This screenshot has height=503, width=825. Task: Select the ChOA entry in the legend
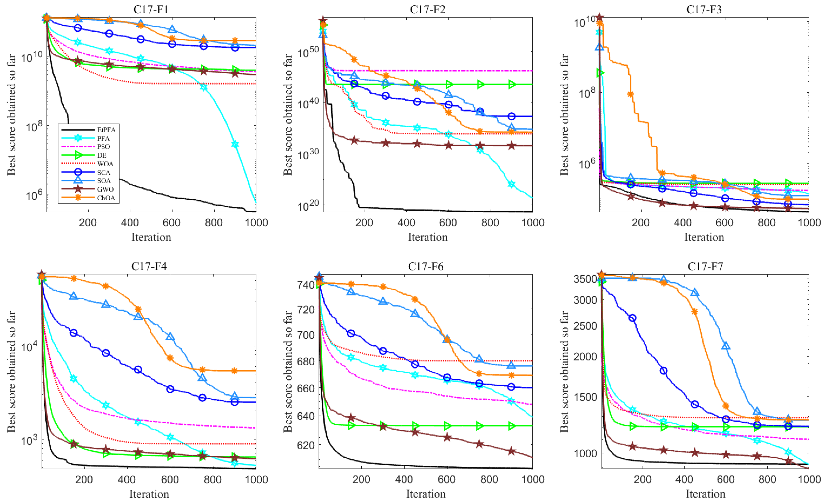coord(106,198)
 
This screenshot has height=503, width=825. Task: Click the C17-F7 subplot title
coord(705,266)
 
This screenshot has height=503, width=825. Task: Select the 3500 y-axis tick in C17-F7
coord(585,279)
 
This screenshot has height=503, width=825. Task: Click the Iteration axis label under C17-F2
coord(428,237)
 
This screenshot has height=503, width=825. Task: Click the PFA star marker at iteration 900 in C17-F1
coord(235,144)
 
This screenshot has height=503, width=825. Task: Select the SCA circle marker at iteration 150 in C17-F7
coord(632,318)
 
